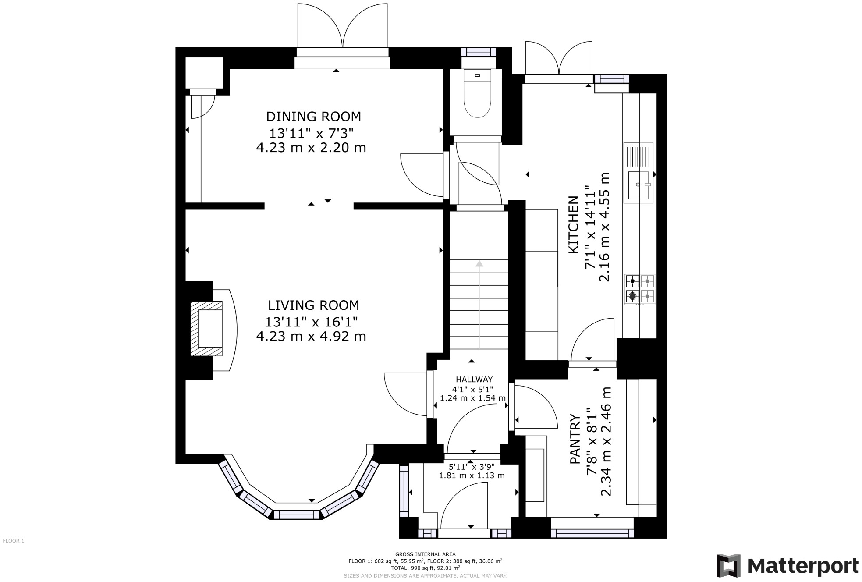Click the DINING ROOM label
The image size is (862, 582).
click(x=313, y=117)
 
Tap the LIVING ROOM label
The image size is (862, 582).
click(x=313, y=305)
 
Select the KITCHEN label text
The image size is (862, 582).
click(x=573, y=225)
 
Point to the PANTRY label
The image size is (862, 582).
click(x=575, y=439)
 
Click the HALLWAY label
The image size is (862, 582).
click(x=474, y=380)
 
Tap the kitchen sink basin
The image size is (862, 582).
click(x=639, y=185)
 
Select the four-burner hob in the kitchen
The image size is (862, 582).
click(x=640, y=289)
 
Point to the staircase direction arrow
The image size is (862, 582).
click(x=479, y=305)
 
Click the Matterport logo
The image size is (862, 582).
click(x=788, y=565)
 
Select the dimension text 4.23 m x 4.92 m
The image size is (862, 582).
click(x=311, y=336)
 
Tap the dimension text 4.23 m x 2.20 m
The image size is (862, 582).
click(x=311, y=148)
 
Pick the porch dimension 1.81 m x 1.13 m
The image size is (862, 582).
click(x=472, y=476)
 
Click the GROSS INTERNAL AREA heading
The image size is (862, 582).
click(x=425, y=554)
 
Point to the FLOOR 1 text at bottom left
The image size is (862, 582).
click(x=14, y=541)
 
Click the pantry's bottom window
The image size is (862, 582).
click(x=592, y=533)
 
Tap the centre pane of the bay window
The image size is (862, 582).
click(x=298, y=515)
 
